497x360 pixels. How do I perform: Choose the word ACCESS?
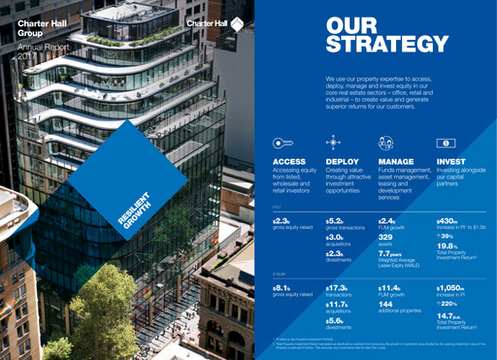coord(289,162)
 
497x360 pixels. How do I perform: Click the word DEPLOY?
coord(344,162)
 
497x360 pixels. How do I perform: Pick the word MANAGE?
coord(398,162)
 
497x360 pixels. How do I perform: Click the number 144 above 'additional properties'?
coord(388,303)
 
